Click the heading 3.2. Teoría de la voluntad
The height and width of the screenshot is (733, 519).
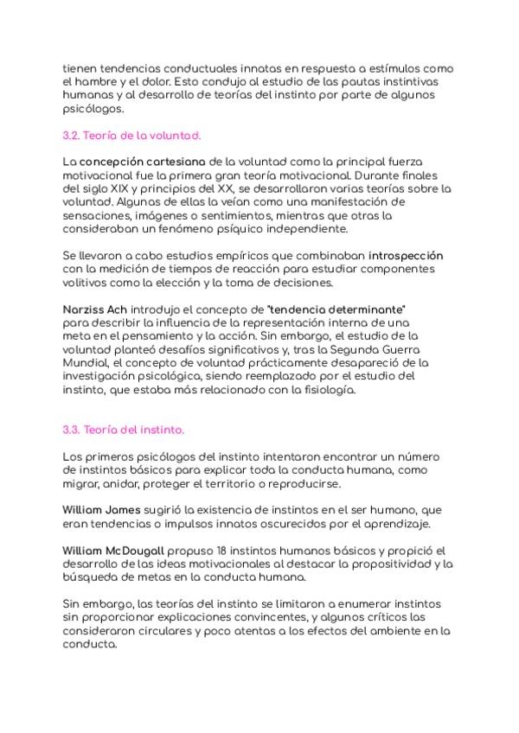(131, 136)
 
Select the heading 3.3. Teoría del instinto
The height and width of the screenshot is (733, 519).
(124, 430)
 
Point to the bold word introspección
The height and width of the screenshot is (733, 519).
(406, 256)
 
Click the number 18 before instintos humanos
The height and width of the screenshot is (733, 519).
(222, 551)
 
